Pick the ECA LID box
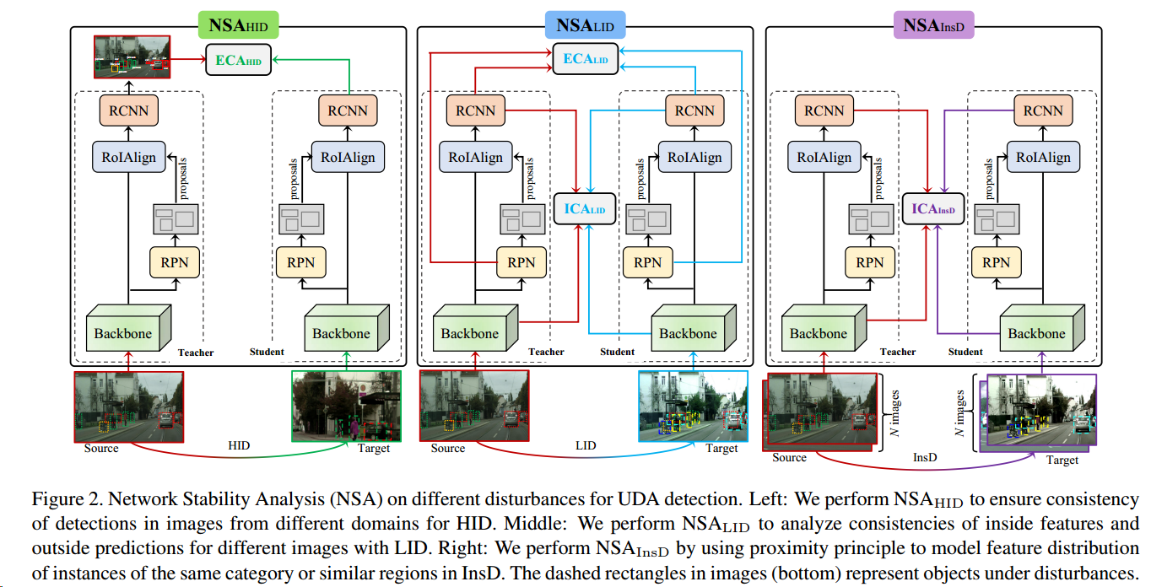[x=586, y=59]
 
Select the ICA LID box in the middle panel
[x=585, y=209]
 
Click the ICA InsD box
[x=933, y=209]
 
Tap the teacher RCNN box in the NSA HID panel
[x=129, y=110]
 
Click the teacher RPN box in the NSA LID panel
[x=521, y=262]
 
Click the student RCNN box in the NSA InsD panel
[x=1043, y=110]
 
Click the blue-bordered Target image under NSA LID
[x=693, y=406]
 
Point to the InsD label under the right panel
[x=925, y=455]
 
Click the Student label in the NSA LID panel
[x=617, y=352]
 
